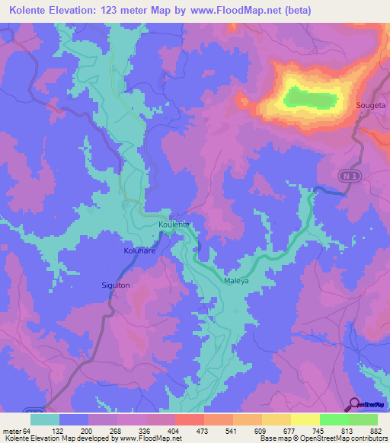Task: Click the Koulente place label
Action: pyautogui.click(x=173, y=225)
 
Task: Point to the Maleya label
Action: pyautogui.click(x=236, y=281)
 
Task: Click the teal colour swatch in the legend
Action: pyautogui.click(x=45, y=419)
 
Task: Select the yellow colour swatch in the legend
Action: pyautogui.click(x=305, y=419)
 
